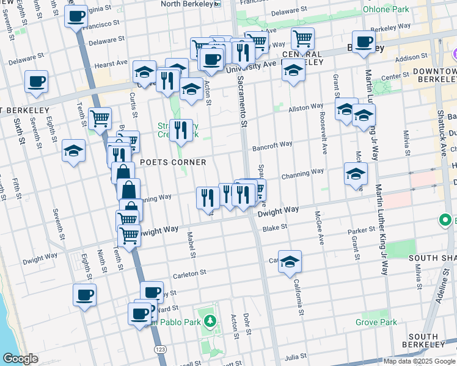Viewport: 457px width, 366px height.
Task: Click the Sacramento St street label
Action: click(x=243, y=97)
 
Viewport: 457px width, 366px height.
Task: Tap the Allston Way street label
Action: click(x=305, y=106)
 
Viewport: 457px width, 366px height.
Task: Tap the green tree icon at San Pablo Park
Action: click(x=210, y=320)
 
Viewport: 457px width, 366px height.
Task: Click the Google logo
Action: click(x=21, y=359)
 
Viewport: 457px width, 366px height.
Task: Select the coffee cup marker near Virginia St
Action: click(x=76, y=16)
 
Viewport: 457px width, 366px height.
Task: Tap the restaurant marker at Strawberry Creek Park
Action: click(x=180, y=130)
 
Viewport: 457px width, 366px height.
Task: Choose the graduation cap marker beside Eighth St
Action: click(x=73, y=151)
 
